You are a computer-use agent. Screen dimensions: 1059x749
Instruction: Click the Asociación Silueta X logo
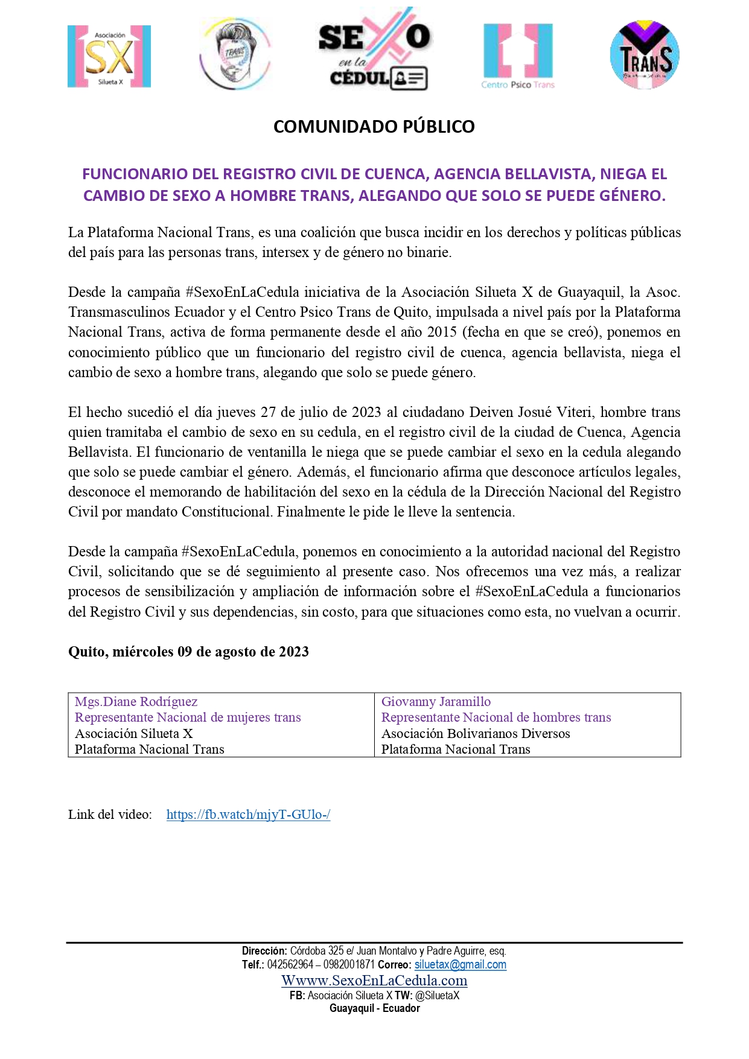click(x=109, y=57)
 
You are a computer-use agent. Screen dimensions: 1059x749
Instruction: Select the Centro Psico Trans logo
click(x=518, y=56)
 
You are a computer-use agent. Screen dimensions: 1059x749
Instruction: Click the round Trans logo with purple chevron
click(x=645, y=55)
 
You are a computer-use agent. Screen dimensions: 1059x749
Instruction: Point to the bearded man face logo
click(x=235, y=54)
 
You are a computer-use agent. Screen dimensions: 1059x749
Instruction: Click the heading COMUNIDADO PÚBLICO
click(x=374, y=127)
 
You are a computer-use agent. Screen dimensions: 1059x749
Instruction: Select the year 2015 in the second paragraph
click(x=442, y=332)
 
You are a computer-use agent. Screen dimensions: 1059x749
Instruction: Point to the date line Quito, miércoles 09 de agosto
click(x=188, y=652)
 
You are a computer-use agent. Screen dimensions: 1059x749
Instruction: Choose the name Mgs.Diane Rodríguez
click(x=136, y=702)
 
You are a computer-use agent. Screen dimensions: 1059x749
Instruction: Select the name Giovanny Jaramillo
click(x=436, y=702)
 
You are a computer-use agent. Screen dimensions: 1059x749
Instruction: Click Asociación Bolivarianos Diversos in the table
click(x=476, y=734)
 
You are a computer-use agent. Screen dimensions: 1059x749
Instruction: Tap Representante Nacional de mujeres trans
click(x=188, y=717)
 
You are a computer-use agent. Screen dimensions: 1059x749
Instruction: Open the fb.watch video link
click(x=248, y=815)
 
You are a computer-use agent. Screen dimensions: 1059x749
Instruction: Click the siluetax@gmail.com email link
click(x=460, y=965)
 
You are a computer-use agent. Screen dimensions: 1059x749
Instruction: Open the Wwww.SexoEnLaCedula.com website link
click(x=374, y=981)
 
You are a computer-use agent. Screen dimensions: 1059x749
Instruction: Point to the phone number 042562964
click(x=290, y=965)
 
